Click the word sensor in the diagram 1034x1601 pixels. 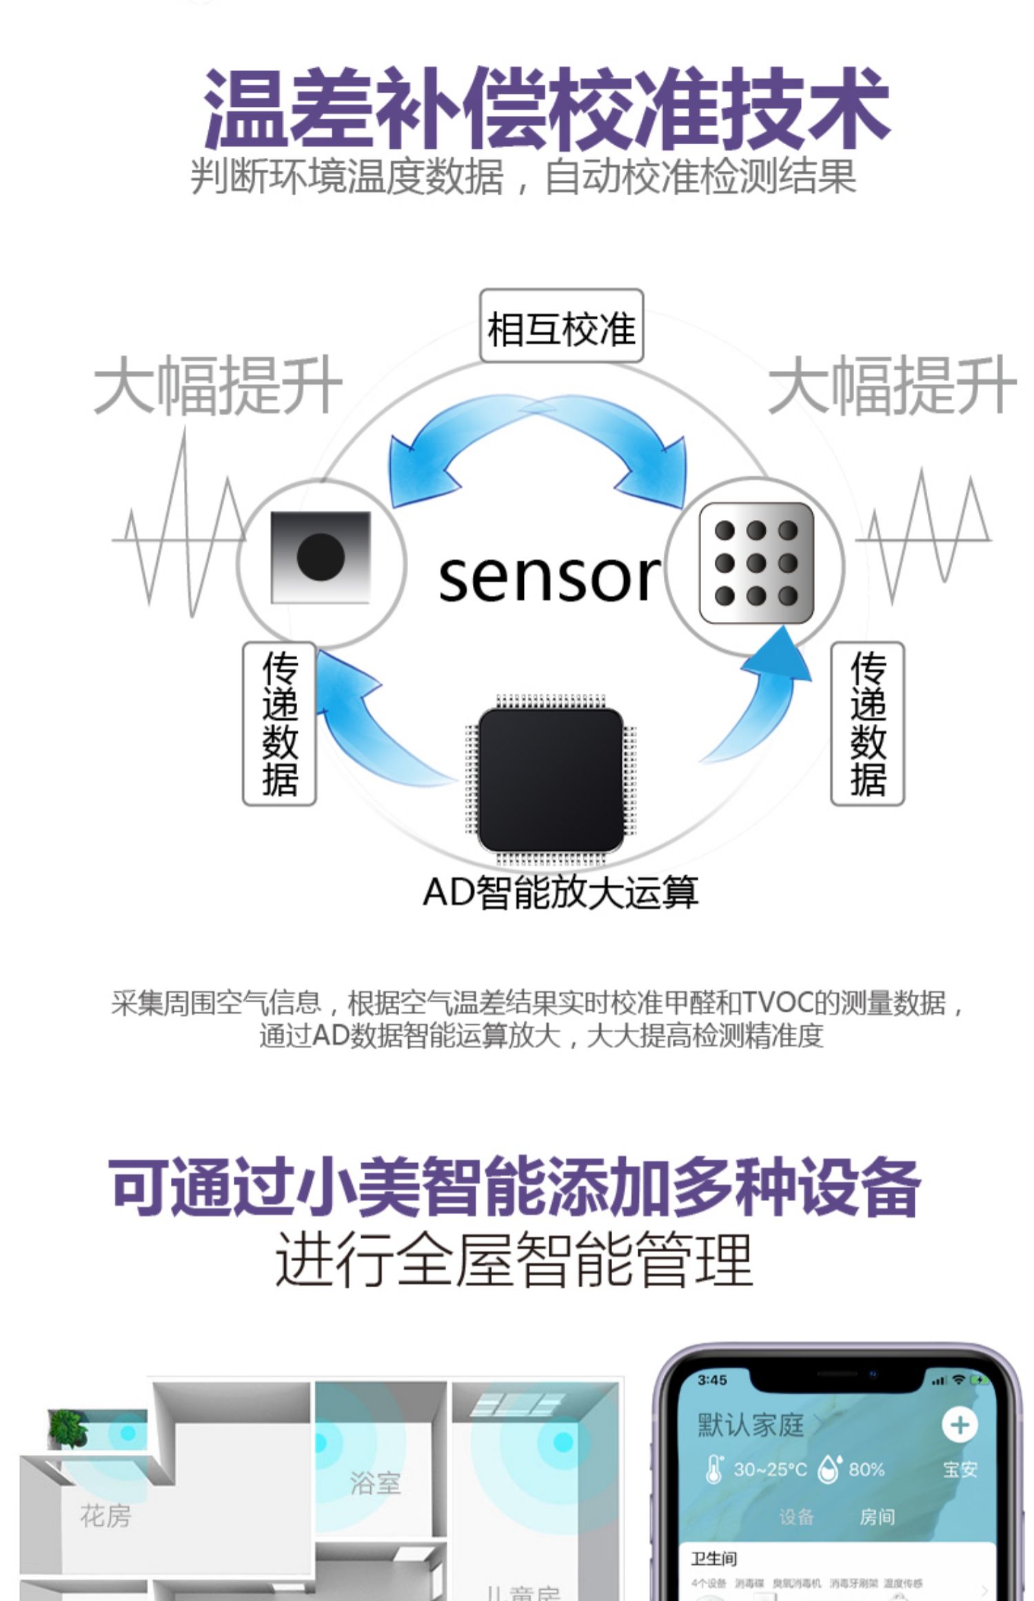(x=549, y=578)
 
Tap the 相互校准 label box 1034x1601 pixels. (x=561, y=327)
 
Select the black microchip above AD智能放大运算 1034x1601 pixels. (x=550, y=780)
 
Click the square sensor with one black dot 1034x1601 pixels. (x=321, y=556)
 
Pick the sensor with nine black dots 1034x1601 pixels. (x=756, y=563)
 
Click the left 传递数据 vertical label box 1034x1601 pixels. (x=279, y=724)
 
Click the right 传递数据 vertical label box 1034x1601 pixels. (x=867, y=724)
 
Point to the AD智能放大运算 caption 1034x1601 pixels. (x=560, y=892)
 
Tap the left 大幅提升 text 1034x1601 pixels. (x=218, y=385)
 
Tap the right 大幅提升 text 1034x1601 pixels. (x=891, y=385)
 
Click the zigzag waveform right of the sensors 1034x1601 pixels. (x=924, y=534)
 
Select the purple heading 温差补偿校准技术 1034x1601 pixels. (x=546, y=108)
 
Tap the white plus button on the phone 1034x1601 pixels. (x=959, y=1424)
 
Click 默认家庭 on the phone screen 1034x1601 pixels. (x=751, y=1424)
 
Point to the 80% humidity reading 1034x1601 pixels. (x=866, y=1469)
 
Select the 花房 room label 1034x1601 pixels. (x=105, y=1516)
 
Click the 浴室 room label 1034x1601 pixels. (x=375, y=1483)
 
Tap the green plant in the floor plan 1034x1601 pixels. (x=68, y=1427)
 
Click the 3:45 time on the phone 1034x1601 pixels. (x=711, y=1380)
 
